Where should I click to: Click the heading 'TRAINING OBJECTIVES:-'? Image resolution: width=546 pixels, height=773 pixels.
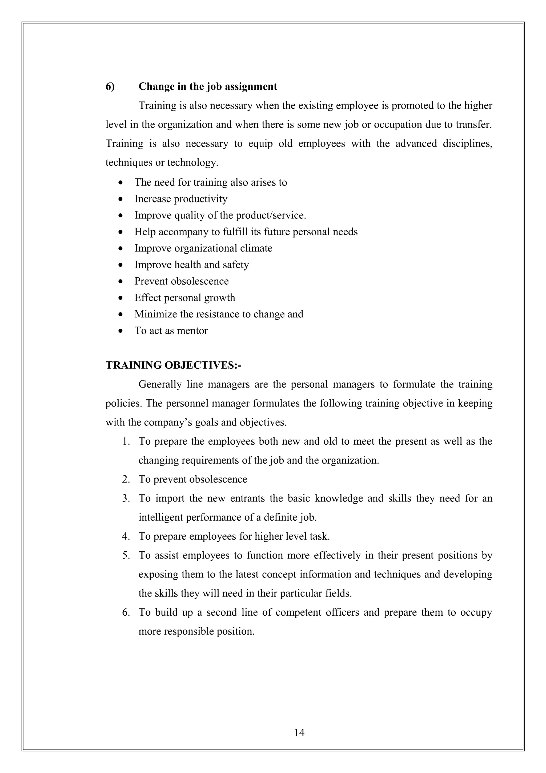pyautogui.click(x=174, y=365)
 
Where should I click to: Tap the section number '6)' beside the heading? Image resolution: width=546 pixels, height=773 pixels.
pyautogui.click(x=110, y=86)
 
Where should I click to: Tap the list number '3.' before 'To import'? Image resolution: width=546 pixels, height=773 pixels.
pyautogui.click(x=126, y=498)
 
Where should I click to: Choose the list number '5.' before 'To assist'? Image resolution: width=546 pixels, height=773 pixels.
pyautogui.click(x=126, y=555)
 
